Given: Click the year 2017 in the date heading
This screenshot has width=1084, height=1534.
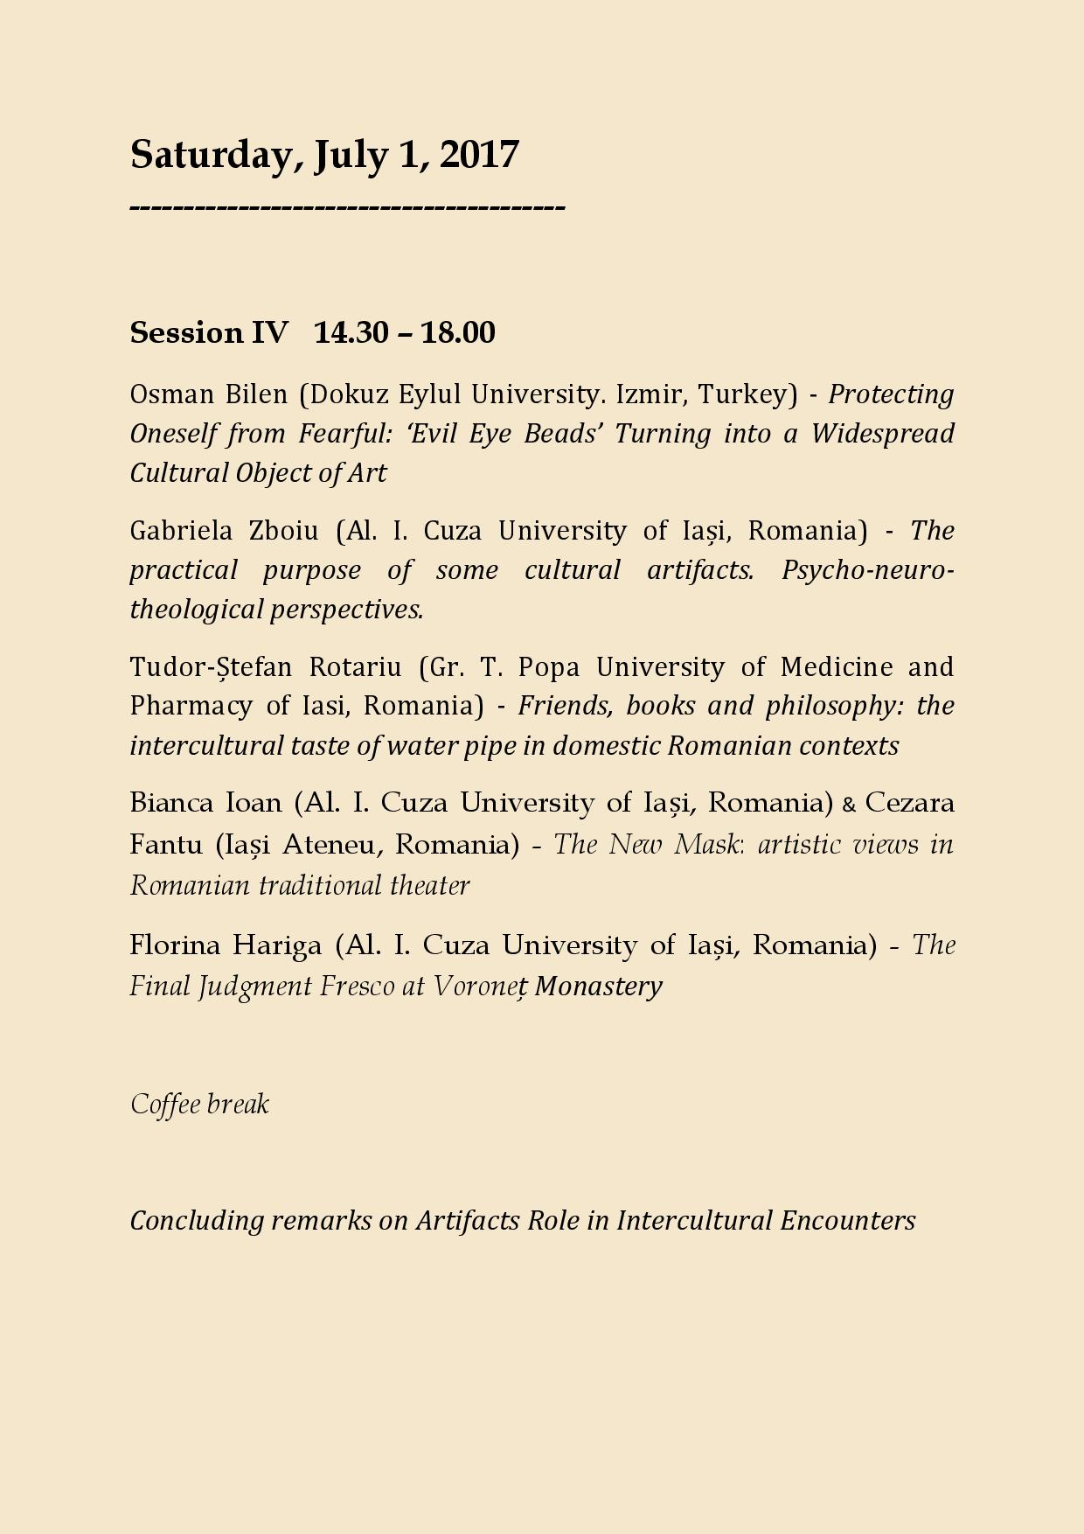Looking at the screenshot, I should tap(479, 155).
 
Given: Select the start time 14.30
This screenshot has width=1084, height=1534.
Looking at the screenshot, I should tap(351, 333).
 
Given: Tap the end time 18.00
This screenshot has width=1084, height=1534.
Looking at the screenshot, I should tap(457, 333).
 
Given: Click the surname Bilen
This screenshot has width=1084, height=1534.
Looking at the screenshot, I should tap(256, 394).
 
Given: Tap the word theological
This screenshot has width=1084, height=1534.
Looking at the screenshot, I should tap(196, 610).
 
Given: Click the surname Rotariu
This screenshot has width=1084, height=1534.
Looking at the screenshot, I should tap(355, 667).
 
